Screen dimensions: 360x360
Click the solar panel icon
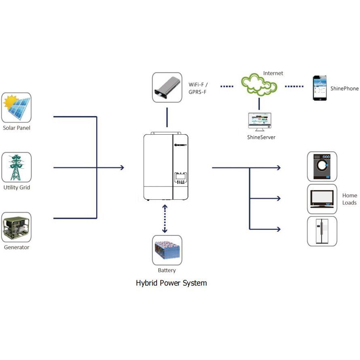pyautogui.click(x=17, y=108)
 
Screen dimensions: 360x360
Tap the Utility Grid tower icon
pyautogui.click(x=17, y=167)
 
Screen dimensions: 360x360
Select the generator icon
pyautogui.click(x=17, y=227)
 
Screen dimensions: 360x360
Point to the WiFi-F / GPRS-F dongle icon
pyautogui.click(x=167, y=87)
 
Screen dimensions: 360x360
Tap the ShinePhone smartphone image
pyautogui.click(x=320, y=88)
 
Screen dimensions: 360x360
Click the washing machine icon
pyautogui.click(x=322, y=166)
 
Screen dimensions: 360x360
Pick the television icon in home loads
pyautogui.click(x=322, y=199)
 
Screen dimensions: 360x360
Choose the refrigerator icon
pyautogui.click(x=322, y=231)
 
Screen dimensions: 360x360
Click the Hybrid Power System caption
pyautogui.click(x=171, y=283)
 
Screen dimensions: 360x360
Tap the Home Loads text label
pyautogui.click(x=349, y=199)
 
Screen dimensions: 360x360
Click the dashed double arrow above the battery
pyautogui.click(x=165, y=218)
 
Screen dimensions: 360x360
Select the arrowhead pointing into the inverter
pyautogui.click(x=121, y=167)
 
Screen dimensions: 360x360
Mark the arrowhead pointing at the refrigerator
pyautogui.click(x=278, y=229)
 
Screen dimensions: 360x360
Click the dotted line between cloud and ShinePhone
pyautogui.click(x=294, y=86)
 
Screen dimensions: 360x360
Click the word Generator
pyautogui.click(x=17, y=247)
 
